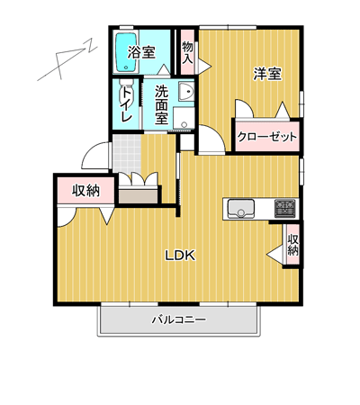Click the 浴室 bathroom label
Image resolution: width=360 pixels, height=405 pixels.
[141, 52]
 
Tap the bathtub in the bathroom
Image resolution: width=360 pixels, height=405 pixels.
[126, 52]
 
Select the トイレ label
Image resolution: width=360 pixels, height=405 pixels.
[126, 104]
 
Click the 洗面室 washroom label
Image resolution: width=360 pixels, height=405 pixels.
[161, 104]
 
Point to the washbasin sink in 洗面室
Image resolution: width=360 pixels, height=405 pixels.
[186, 91]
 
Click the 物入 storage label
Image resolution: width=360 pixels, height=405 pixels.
[187, 52]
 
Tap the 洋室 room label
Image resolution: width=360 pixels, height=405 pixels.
[267, 74]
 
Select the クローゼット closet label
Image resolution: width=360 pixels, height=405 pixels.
[267, 137]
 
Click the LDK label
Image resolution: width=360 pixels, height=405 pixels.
[180, 256]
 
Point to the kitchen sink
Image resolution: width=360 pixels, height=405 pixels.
[241, 209]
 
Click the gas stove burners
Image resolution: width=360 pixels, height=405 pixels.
[285, 209]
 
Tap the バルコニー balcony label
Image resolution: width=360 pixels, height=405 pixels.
[179, 319]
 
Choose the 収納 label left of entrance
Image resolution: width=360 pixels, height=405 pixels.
[85, 191]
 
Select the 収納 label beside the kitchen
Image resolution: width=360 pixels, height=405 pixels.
[292, 245]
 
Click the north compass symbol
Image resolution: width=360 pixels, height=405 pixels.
[67, 60]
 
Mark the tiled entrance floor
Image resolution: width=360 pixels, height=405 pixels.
[127, 154]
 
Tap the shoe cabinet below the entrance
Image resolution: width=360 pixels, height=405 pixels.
[139, 195]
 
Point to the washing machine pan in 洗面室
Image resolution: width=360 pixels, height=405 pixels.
[184, 119]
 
